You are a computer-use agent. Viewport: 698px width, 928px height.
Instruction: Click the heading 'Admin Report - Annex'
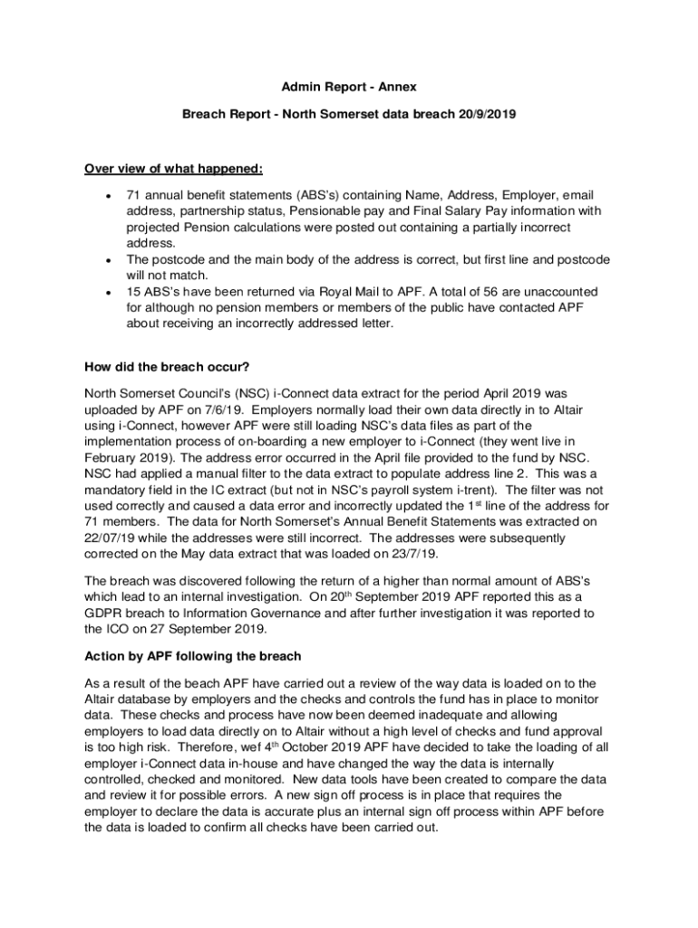coord(348,86)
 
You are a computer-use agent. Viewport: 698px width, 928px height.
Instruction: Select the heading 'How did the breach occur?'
coord(168,367)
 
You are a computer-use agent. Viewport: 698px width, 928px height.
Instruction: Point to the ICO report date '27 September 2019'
coord(205,630)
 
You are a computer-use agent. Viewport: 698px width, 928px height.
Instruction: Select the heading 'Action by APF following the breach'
coord(192,655)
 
